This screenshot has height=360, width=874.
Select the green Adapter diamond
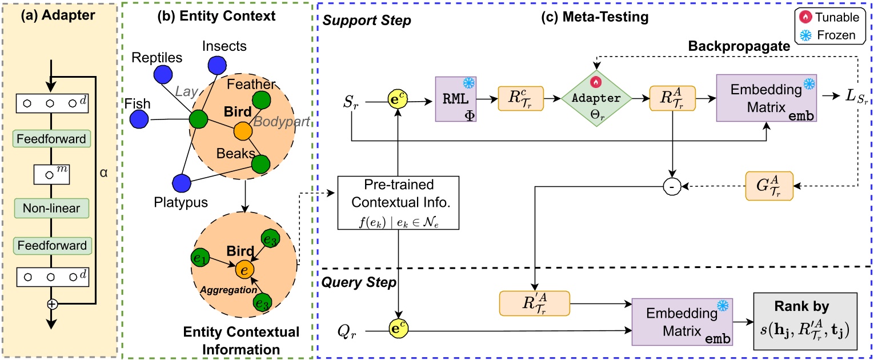596,98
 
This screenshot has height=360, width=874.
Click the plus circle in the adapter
52,304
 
